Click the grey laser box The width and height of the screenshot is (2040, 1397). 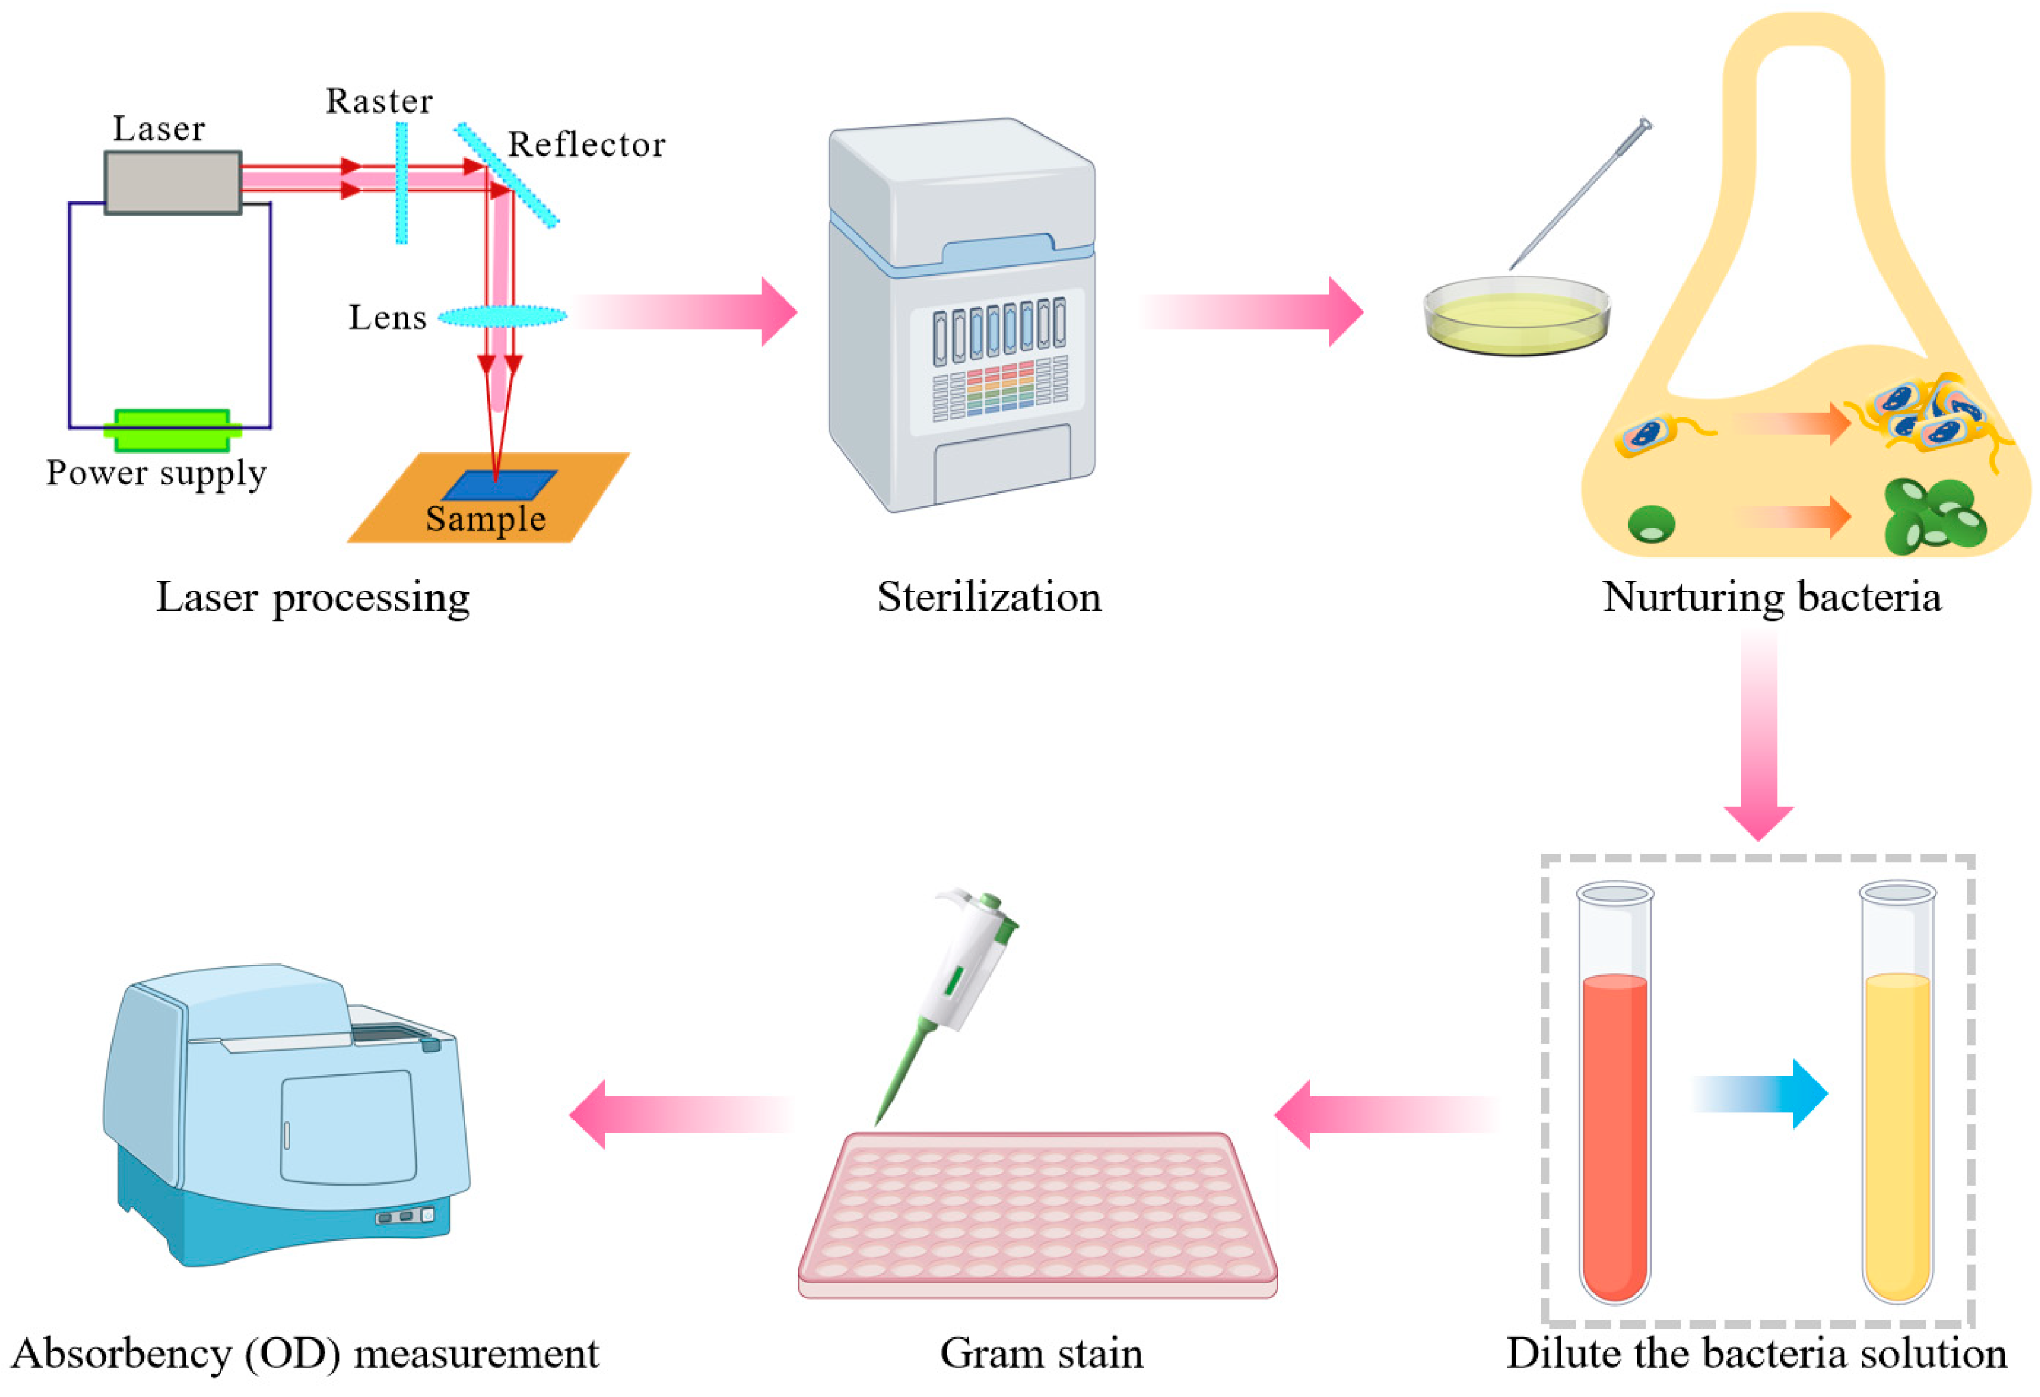173,182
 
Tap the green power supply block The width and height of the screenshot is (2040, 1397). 172,429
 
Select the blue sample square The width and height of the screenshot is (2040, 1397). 499,484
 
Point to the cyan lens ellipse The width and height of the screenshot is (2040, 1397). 502,316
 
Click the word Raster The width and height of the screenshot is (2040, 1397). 380,102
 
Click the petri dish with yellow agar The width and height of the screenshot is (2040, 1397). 1516,316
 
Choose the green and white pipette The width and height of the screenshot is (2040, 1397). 961,983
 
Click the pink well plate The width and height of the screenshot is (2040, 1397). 1038,1212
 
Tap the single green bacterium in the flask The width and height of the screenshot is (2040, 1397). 1651,524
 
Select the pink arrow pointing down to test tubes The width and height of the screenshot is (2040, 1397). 1758,737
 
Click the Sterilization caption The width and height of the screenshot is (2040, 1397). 989,598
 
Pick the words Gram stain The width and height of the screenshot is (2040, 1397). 1041,1354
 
